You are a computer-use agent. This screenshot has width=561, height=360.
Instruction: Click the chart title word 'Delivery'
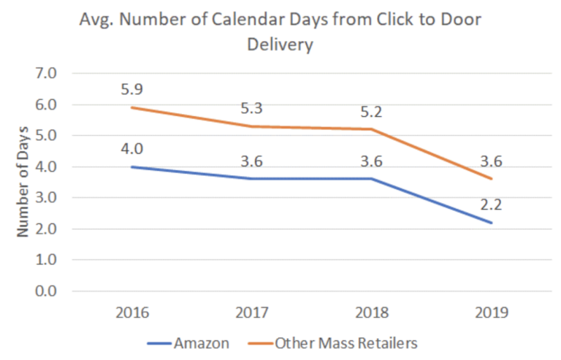[280, 45]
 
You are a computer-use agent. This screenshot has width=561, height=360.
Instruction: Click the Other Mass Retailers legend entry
[346, 341]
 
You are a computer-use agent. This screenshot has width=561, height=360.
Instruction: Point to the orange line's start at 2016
[132, 107]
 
